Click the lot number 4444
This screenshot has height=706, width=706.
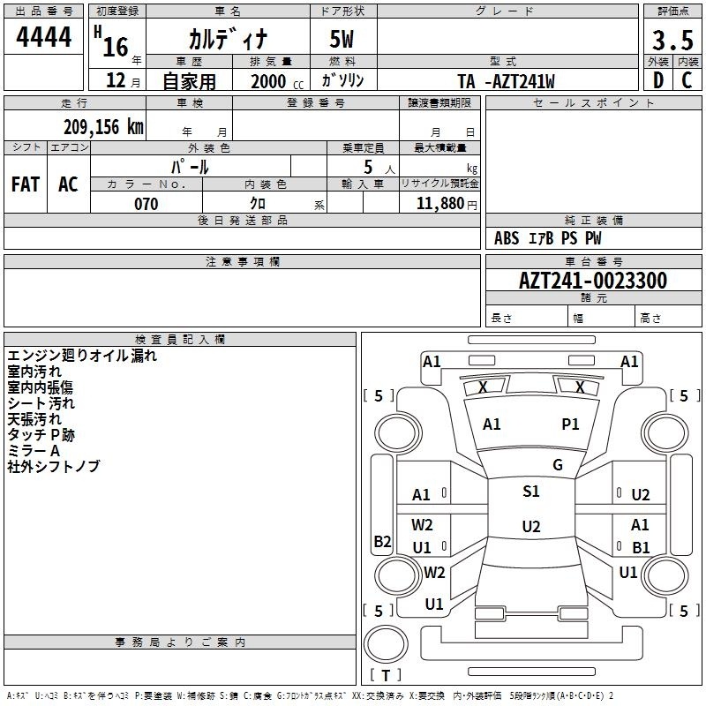click(44, 38)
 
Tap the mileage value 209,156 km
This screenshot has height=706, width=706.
click(103, 126)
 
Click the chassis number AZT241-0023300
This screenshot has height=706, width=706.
click(592, 281)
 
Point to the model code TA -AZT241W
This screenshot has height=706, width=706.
click(507, 81)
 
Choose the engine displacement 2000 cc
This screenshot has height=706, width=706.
click(273, 81)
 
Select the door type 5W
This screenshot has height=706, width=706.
click(342, 39)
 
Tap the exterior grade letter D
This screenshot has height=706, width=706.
click(657, 80)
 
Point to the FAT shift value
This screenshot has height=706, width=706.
click(25, 184)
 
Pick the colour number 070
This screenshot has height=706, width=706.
click(146, 204)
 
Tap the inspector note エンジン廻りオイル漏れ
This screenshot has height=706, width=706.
click(82, 356)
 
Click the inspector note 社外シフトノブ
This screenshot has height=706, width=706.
click(53, 466)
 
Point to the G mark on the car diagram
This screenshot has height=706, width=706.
click(557, 465)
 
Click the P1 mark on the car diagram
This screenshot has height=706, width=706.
click(570, 424)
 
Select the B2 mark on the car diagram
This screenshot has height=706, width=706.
click(382, 542)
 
